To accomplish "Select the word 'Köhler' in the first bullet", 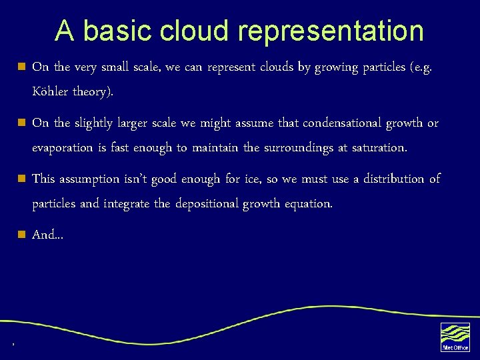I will [x=52, y=92].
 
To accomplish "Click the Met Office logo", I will [x=455, y=337].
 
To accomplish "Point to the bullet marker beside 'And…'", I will [x=21, y=235].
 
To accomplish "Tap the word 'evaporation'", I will [x=62, y=148].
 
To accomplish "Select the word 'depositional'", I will [x=207, y=204].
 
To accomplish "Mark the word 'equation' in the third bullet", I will [x=309, y=204].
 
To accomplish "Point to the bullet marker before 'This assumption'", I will [x=21, y=179].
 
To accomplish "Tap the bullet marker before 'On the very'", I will [x=21, y=67].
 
